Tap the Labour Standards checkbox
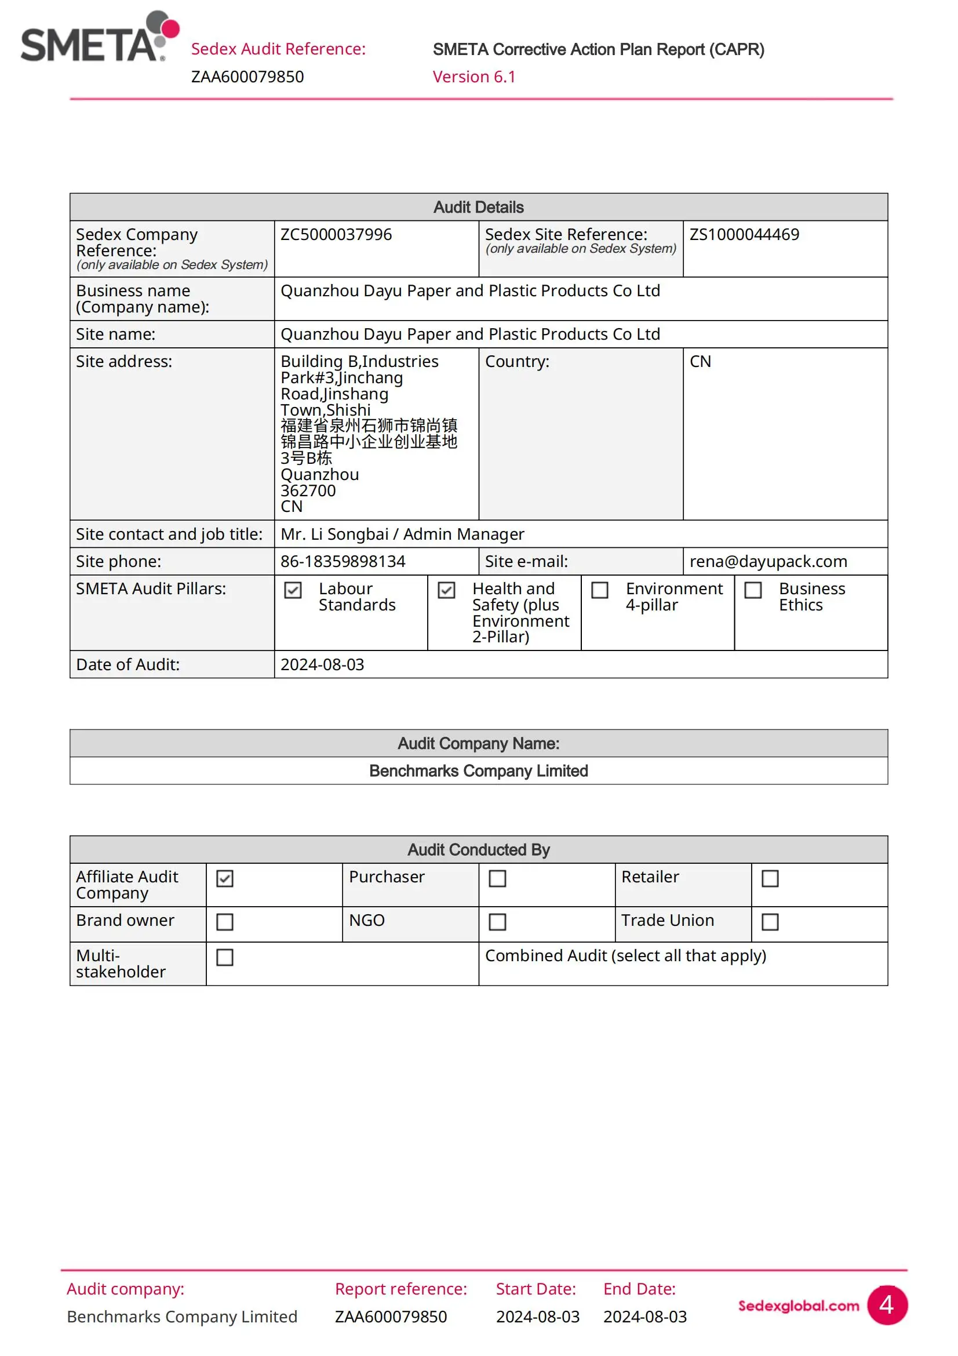(293, 590)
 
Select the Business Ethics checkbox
(753, 590)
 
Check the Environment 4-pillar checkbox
(600, 590)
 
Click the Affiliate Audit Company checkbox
(225, 878)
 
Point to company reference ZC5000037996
(336, 234)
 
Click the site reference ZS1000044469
(744, 234)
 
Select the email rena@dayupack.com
(768, 561)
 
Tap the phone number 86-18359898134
(343, 561)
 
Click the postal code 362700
(308, 490)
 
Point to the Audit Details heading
(478, 208)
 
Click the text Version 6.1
(474, 77)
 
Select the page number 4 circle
(886, 1304)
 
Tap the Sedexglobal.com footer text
(798, 1305)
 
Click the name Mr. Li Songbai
(334, 534)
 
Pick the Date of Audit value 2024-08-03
(322, 664)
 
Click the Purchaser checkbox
(498, 878)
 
